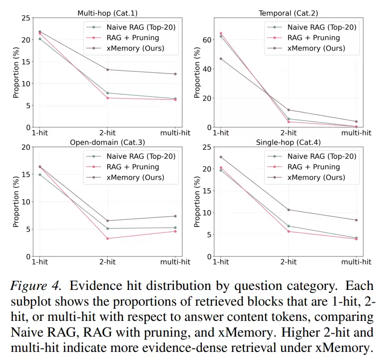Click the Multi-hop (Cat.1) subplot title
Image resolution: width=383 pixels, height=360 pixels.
coord(108,13)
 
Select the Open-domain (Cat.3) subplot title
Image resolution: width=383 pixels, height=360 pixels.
coord(108,142)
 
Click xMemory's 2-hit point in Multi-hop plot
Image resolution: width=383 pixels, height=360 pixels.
coord(108,70)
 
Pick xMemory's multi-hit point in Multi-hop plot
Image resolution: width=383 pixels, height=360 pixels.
coord(176,74)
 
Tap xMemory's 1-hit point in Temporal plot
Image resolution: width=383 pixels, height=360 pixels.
coord(221,59)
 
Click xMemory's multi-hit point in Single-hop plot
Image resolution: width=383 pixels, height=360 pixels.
coord(356,220)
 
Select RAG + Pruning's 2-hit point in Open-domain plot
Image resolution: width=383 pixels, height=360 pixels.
coord(108,238)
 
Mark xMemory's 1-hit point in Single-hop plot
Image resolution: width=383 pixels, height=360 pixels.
coord(221,157)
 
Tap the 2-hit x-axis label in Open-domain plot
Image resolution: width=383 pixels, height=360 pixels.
coord(108,262)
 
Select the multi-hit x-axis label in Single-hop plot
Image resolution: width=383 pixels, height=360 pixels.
coord(356,262)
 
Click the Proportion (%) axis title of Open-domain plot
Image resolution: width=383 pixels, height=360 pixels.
coord(16,202)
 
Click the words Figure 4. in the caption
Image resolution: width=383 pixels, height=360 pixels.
coord(36,287)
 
